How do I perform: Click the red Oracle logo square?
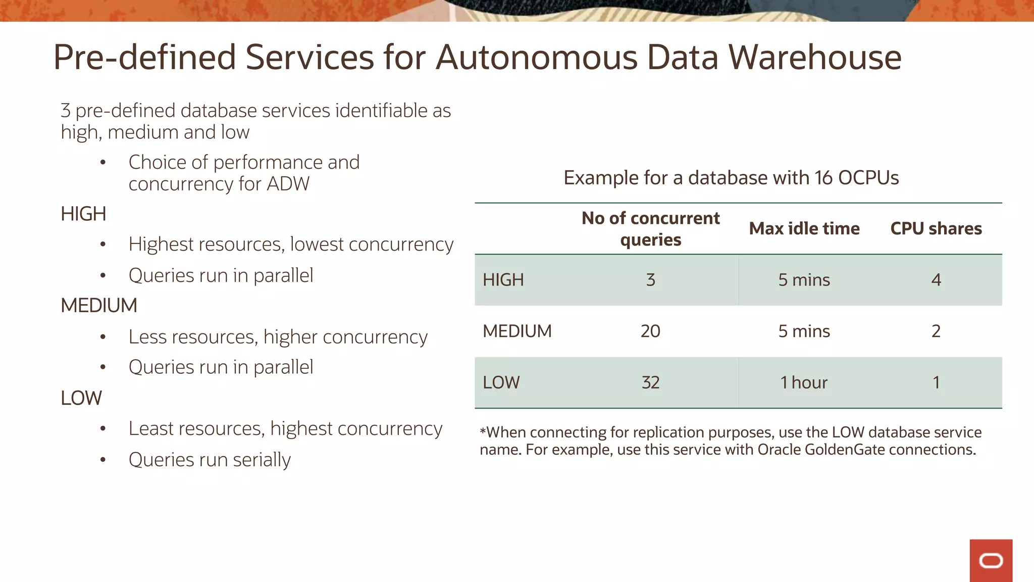pos(991,560)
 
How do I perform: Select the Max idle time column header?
pos(804,229)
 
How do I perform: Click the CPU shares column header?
pos(936,229)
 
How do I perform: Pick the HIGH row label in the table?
pos(503,280)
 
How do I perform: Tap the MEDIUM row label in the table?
pos(517,331)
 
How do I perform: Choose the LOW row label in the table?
pos(501,382)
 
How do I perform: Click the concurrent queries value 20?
pos(650,331)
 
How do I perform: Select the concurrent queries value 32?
pos(650,382)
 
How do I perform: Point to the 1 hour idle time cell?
pos(804,382)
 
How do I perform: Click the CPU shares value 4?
pos(936,280)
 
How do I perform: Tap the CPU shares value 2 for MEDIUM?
pos(936,331)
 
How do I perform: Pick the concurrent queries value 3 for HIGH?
pos(650,280)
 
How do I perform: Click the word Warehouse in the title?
pos(814,57)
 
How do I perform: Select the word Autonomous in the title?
pos(536,57)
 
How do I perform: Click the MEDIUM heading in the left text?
pos(99,306)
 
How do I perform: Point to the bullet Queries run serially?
pos(210,460)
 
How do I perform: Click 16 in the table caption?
pos(823,178)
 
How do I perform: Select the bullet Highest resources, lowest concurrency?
pos(291,245)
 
